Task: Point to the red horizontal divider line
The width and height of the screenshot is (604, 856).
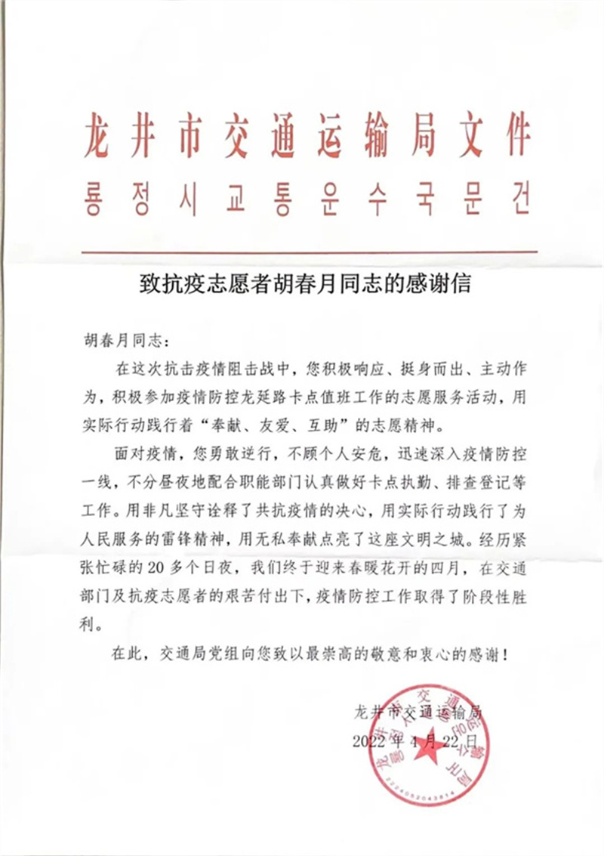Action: pos(308,252)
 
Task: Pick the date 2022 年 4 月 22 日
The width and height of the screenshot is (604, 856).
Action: pos(415,740)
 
